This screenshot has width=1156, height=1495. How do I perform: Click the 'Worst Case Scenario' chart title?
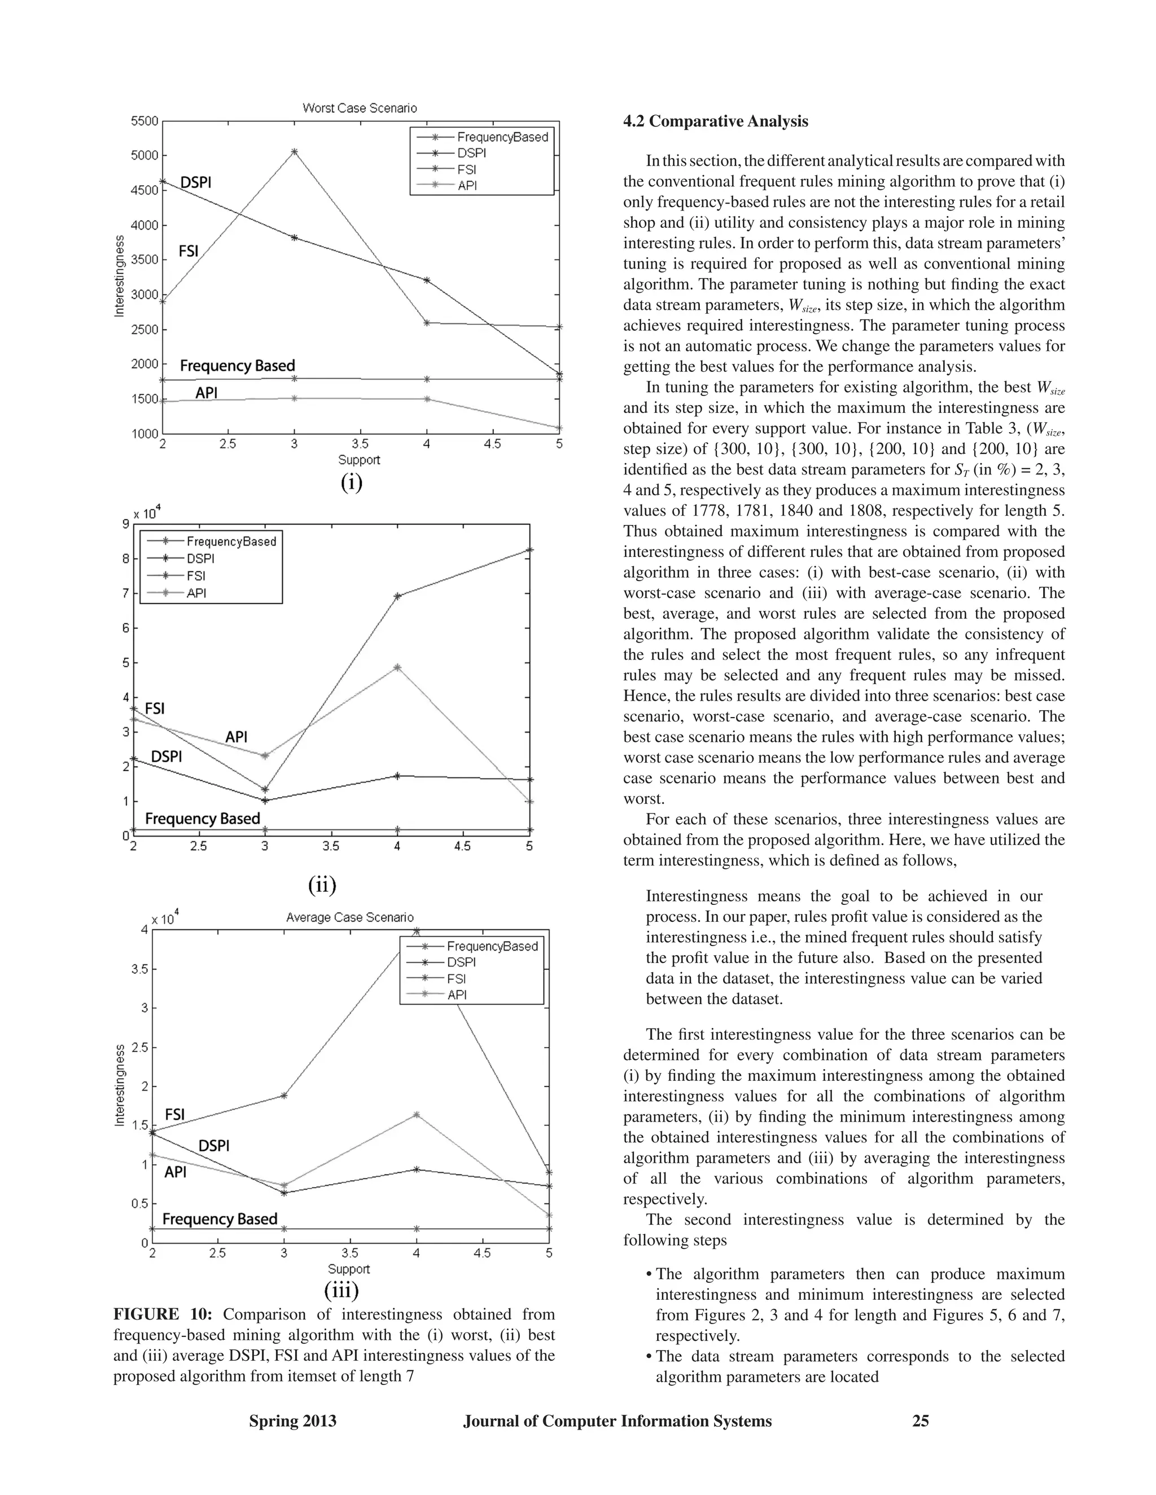[x=360, y=108]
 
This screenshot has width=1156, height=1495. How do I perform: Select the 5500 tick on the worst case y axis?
[x=144, y=121]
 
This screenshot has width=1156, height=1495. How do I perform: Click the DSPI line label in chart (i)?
[x=195, y=182]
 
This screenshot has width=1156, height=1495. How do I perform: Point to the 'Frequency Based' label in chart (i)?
[x=237, y=366]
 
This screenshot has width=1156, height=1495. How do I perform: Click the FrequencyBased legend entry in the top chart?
[x=502, y=137]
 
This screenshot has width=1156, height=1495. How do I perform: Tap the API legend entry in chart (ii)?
[x=196, y=593]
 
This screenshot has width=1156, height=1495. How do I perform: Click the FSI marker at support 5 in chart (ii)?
[x=529, y=549]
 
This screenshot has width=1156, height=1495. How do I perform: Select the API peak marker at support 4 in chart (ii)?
[x=398, y=667]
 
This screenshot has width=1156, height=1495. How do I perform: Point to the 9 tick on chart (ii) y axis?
[x=125, y=524]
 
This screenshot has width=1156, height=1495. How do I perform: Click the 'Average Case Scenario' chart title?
[x=349, y=917]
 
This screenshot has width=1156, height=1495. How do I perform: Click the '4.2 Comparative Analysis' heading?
[x=716, y=121]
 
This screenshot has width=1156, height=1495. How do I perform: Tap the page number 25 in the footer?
[x=921, y=1421]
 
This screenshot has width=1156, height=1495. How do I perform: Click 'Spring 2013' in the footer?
[x=292, y=1421]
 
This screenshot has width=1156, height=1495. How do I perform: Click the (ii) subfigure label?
[x=322, y=885]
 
